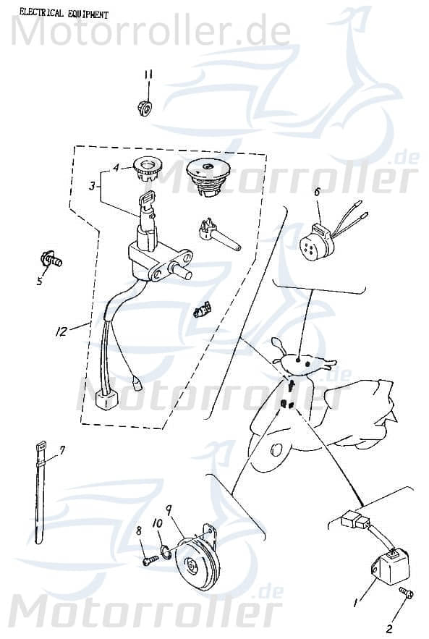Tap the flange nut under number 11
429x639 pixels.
click(x=144, y=108)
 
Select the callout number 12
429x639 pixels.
click(x=61, y=331)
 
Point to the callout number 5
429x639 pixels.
click(x=40, y=280)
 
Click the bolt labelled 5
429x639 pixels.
click(x=51, y=259)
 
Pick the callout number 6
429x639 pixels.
click(x=318, y=192)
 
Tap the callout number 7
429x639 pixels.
click(x=62, y=450)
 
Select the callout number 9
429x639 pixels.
click(x=169, y=509)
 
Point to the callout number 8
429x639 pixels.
click(x=139, y=530)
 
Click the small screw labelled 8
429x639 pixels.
click(x=150, y=560)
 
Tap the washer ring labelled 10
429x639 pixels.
click(x=166, y=552)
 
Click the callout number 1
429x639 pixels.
click(x=356, y=601)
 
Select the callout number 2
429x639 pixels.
click(x=389, y=629)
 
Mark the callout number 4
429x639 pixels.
click(x=116, y=167)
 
